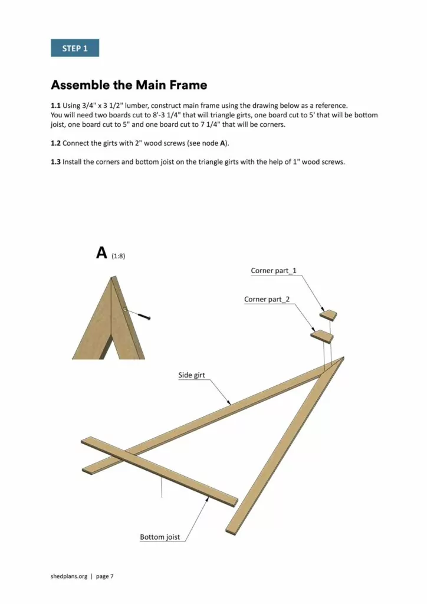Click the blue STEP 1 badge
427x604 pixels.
point(75,48)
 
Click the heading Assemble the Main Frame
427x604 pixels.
point(129,85)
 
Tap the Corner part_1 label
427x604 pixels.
point(274,271)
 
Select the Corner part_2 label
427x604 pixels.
point(267,300)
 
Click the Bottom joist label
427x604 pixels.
point(160,537)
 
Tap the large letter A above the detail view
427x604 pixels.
point(101,253)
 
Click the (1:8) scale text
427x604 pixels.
point(118,257)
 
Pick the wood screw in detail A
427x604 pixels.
point(143,316)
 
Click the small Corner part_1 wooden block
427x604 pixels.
point(329,315)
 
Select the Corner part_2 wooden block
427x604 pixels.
point(322,336)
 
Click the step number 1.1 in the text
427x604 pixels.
point(55,106)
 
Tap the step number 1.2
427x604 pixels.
point(55,143)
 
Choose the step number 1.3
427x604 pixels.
point(55,162)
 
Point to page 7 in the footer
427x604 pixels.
point(103,576)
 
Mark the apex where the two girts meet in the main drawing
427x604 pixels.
point(341,359)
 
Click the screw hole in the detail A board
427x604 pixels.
point(125,308)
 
